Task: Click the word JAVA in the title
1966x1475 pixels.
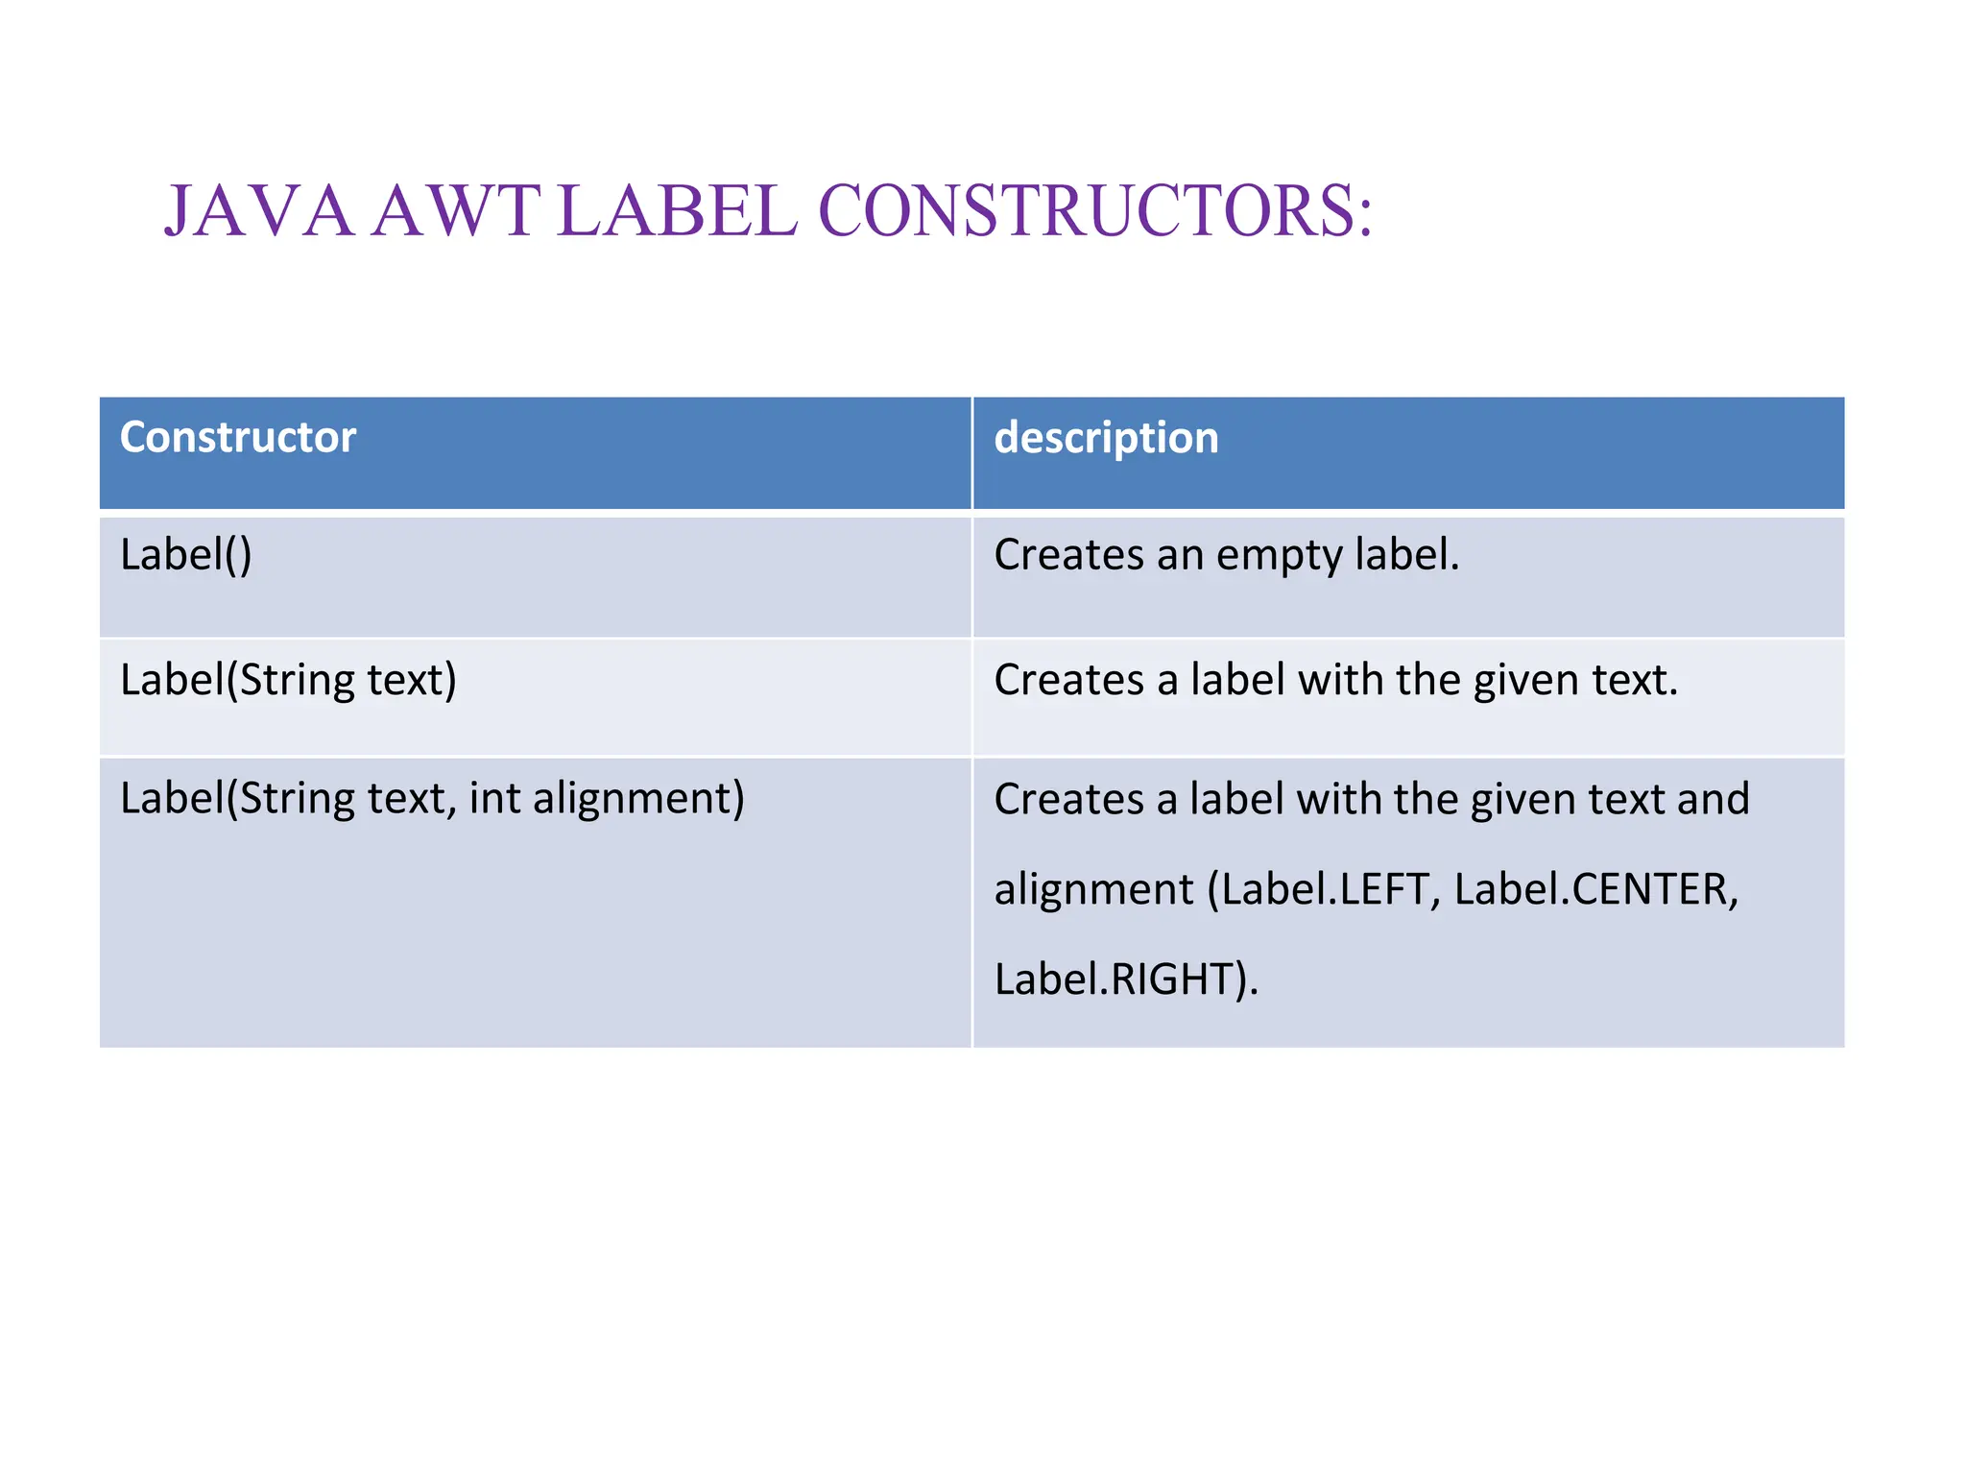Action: pyautogui.click(x=259, y=211)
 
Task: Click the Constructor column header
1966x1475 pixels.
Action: pyautogui.click(x=237, y=438)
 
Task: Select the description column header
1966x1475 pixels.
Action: pyautogui.click(x=1106, y=438)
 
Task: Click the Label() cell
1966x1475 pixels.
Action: pyautogui.click(x=185, y=555)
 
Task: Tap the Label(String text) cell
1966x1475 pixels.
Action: pyautogui.click(x=288, y=680)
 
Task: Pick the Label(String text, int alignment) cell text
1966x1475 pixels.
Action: pyautogui.click(x=432, y=799)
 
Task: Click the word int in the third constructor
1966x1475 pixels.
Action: pyautogui.click(x=494, y=799)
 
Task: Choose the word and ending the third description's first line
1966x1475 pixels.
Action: pyautogui.click(x=1713, y=799)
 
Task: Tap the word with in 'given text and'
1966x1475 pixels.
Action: pyautogui.click(x=1337, y=799)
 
